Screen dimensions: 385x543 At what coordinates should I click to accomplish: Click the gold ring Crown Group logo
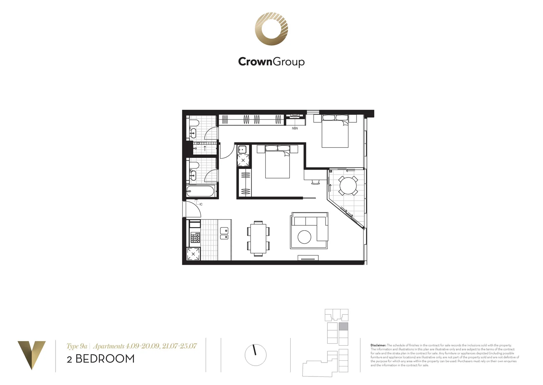(x=271, y=29)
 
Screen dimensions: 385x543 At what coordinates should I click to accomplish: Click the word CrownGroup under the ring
(x=271, y=62)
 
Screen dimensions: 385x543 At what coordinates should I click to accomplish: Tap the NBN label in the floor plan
(x=295, y=128)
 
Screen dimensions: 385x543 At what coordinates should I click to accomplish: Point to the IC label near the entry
(x=201, y=204)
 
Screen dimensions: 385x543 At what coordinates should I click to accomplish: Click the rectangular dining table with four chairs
(x=258, y=238)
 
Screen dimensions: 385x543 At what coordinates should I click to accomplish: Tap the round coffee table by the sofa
(x=304, y=237)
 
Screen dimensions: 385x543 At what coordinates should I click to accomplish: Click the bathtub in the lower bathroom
(x=200, y=191)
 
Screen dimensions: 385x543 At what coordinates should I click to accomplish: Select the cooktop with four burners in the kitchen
(x=195, y=237)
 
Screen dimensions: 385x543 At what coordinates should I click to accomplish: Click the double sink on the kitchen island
(x=224, y=233)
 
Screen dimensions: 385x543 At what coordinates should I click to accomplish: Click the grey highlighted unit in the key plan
(x=343, y=327)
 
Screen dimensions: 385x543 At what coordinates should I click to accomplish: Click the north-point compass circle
(x=256, y=355)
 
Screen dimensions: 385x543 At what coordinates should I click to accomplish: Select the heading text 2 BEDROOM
(x=101, y=359)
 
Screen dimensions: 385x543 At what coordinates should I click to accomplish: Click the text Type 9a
(x=77, y=346)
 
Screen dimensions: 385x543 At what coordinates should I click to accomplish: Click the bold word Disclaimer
(x=378, y=345)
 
